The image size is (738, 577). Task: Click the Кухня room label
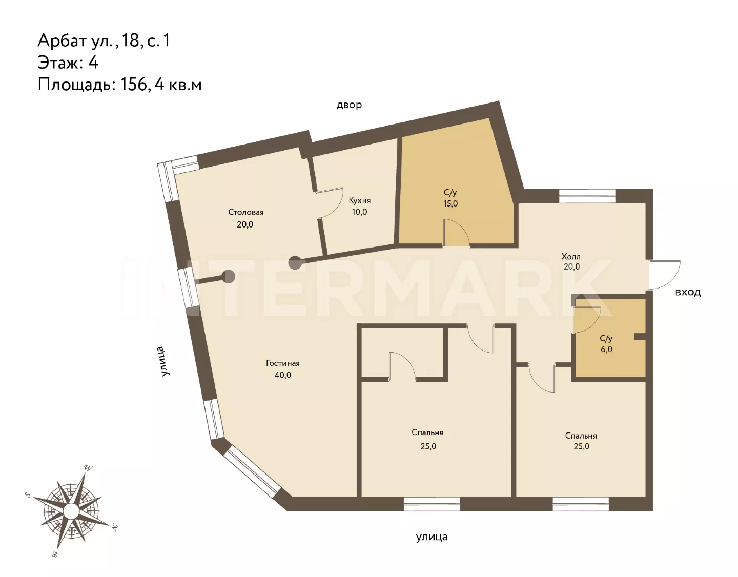pos(360,200)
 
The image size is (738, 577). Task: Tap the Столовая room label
pos(246,212)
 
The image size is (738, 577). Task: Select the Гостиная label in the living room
pos(282,363)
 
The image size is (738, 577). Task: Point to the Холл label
pos(571,256)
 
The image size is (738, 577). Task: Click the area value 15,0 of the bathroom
pos(450,203)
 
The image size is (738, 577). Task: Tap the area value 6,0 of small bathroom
pos(606,349)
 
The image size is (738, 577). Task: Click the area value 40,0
pos(283,375)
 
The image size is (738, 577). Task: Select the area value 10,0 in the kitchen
pos(359,212)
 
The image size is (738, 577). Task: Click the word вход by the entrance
pos(688,292)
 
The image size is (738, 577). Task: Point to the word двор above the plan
pos(349,105)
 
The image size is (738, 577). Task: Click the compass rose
pos(72,510)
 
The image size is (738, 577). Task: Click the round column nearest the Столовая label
pos(295,263)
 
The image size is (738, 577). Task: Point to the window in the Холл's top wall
pos(587,196)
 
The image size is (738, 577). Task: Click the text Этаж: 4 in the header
pos(68,63)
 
